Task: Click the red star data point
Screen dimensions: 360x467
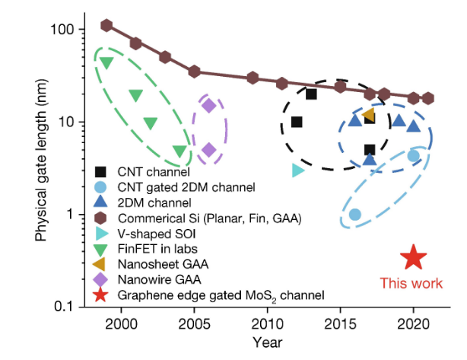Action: click(413, 257)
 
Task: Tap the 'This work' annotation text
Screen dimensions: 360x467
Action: click(411, 283)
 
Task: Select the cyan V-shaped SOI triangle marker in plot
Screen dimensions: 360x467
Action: click(297, 170)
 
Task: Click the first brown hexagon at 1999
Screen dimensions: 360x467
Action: click(106, 25)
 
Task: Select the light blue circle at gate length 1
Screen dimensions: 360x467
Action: click(354, 215)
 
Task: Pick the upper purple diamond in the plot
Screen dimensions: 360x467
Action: click(209, 105)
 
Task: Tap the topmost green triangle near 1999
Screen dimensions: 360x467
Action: click(106, 62)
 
